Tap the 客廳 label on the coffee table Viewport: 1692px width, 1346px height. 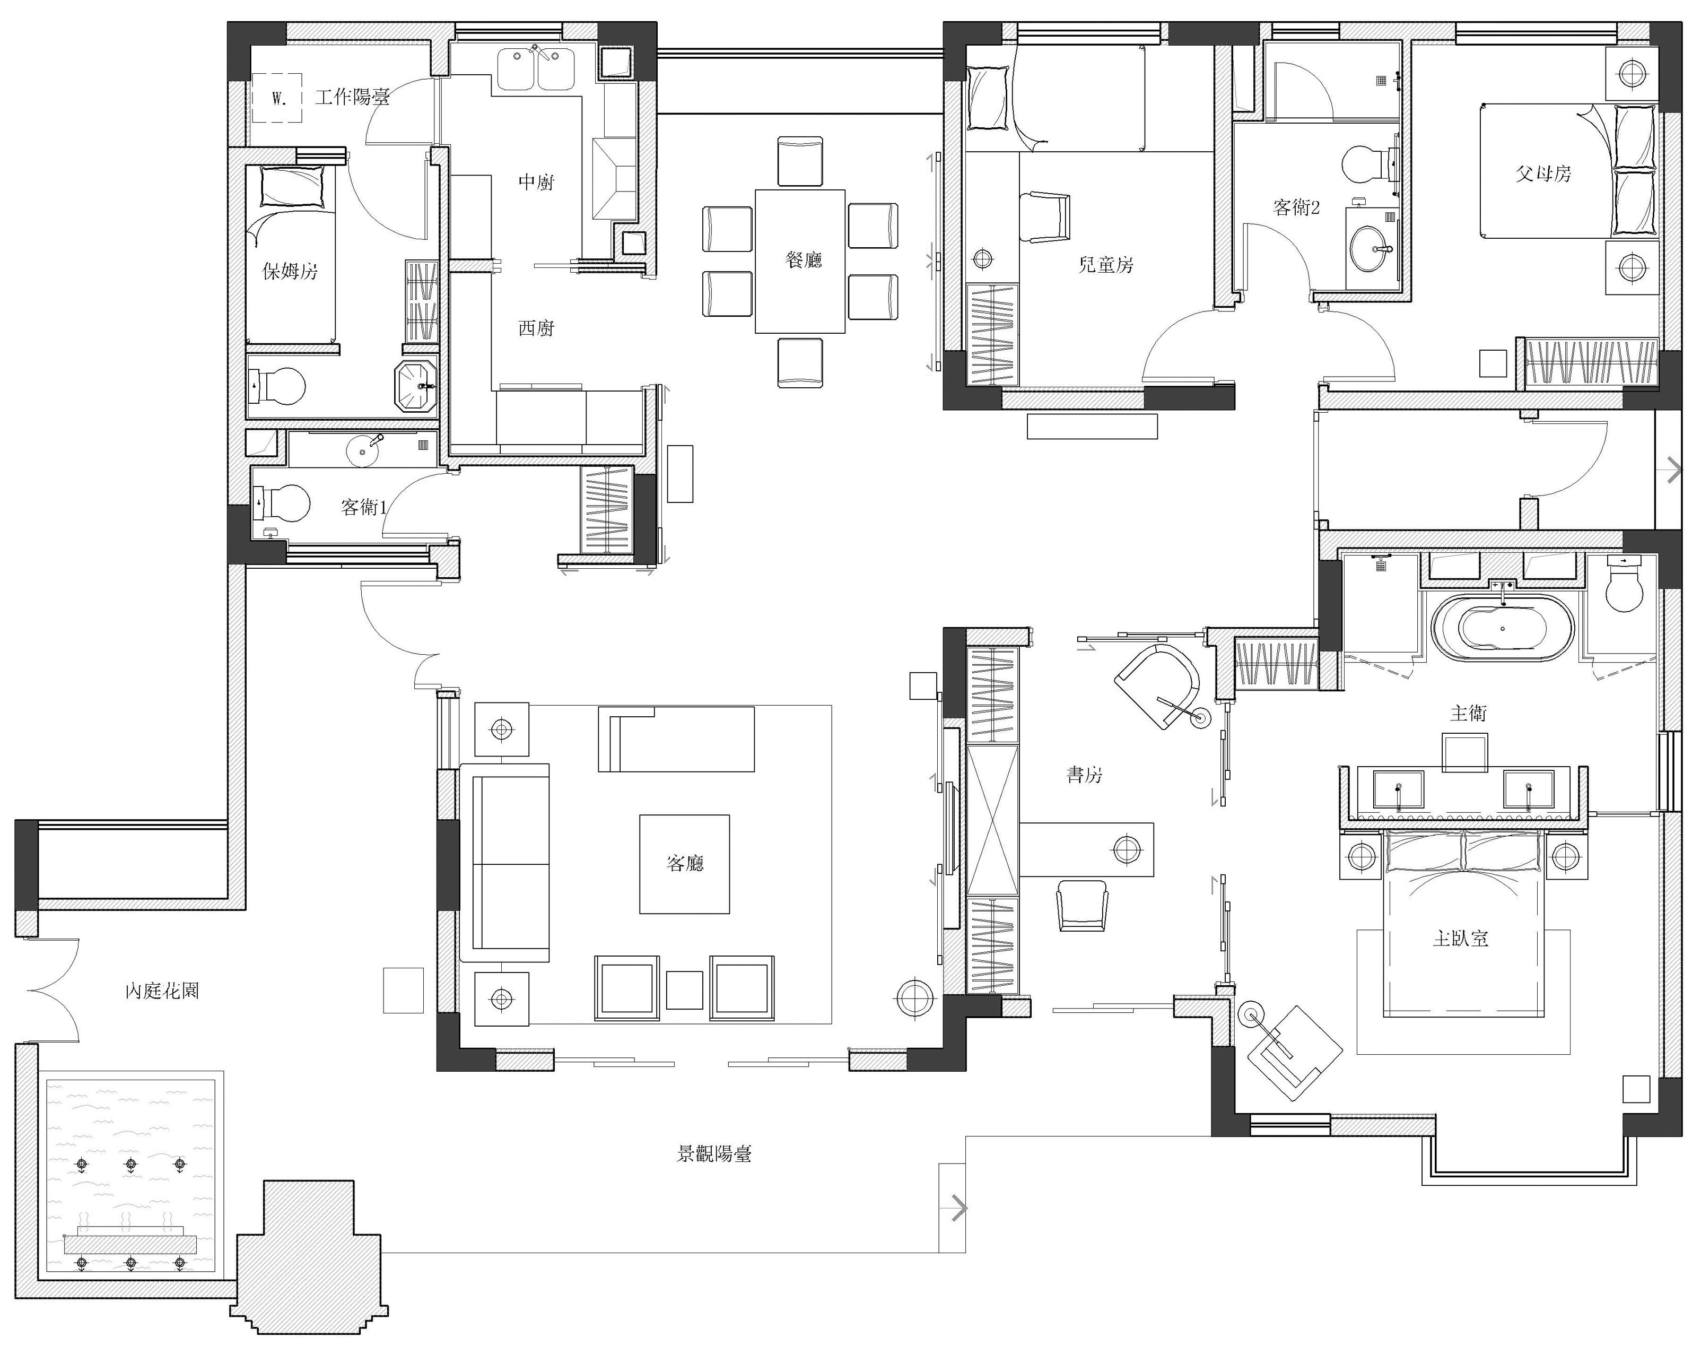coord(684,863)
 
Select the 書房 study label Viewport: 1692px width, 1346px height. coord(1084,775)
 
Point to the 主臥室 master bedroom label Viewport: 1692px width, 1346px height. coord(1461,938)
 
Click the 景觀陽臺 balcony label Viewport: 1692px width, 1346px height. coord(714,1153)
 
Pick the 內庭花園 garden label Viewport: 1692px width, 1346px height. coord(162,991)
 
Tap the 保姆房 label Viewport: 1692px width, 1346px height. coord(290,272)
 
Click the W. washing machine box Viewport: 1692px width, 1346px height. coord(277,98)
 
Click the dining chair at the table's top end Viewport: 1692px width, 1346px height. coord(800,161)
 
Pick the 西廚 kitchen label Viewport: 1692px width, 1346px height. coord(537,327)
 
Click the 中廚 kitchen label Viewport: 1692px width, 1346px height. coord(537,182)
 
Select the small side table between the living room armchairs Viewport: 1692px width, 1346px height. coord(684,989)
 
